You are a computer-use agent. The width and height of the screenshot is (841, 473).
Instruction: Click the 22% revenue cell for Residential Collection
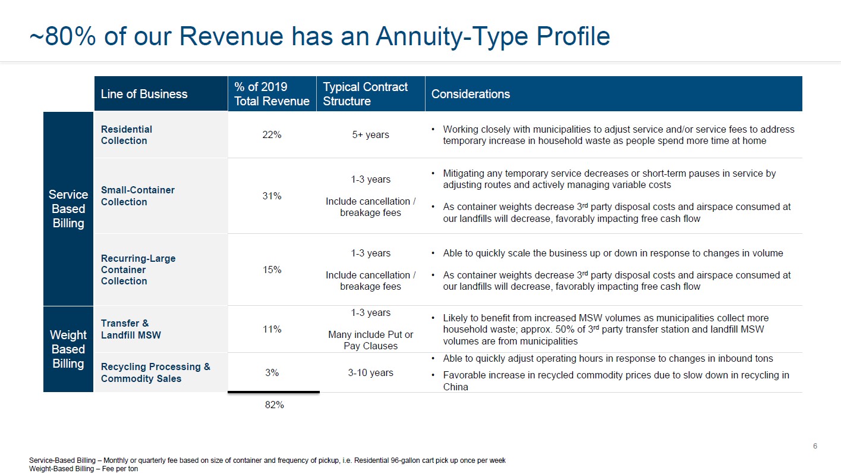point(272,135)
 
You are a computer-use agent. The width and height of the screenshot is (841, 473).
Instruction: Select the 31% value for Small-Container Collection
point(272,196)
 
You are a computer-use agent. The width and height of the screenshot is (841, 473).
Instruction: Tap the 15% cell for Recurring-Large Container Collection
point(272,270)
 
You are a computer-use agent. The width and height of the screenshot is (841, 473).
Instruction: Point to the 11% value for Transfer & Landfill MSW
point(272,329)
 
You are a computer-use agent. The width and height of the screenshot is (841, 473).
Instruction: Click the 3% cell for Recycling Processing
point(272,373)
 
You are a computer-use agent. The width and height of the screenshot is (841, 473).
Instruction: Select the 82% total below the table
point(273,405)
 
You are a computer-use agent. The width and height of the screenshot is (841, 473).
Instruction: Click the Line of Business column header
point(144,94)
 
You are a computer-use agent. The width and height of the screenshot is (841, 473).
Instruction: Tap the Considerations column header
point(470,94)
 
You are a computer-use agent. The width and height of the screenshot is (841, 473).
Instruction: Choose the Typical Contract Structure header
point(365,94)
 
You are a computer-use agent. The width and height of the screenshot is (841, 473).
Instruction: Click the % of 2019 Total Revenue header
point(272,94)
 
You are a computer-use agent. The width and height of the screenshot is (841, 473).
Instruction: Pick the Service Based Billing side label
point(68,209)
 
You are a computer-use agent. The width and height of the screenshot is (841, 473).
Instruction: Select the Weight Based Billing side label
point(68,349)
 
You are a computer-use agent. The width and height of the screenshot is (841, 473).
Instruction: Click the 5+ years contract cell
point(370,135)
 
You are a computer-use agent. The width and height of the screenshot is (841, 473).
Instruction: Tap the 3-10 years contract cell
point(370,373)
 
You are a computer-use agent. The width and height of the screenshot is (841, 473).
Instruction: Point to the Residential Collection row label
point(126,135)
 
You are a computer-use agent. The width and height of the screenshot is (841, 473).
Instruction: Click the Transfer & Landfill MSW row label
point(130,329)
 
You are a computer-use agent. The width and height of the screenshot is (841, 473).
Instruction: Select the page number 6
point(815,446)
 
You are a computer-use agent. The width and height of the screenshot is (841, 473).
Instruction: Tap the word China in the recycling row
point(455,387)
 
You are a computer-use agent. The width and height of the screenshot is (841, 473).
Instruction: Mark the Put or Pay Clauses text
point(370,340)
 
